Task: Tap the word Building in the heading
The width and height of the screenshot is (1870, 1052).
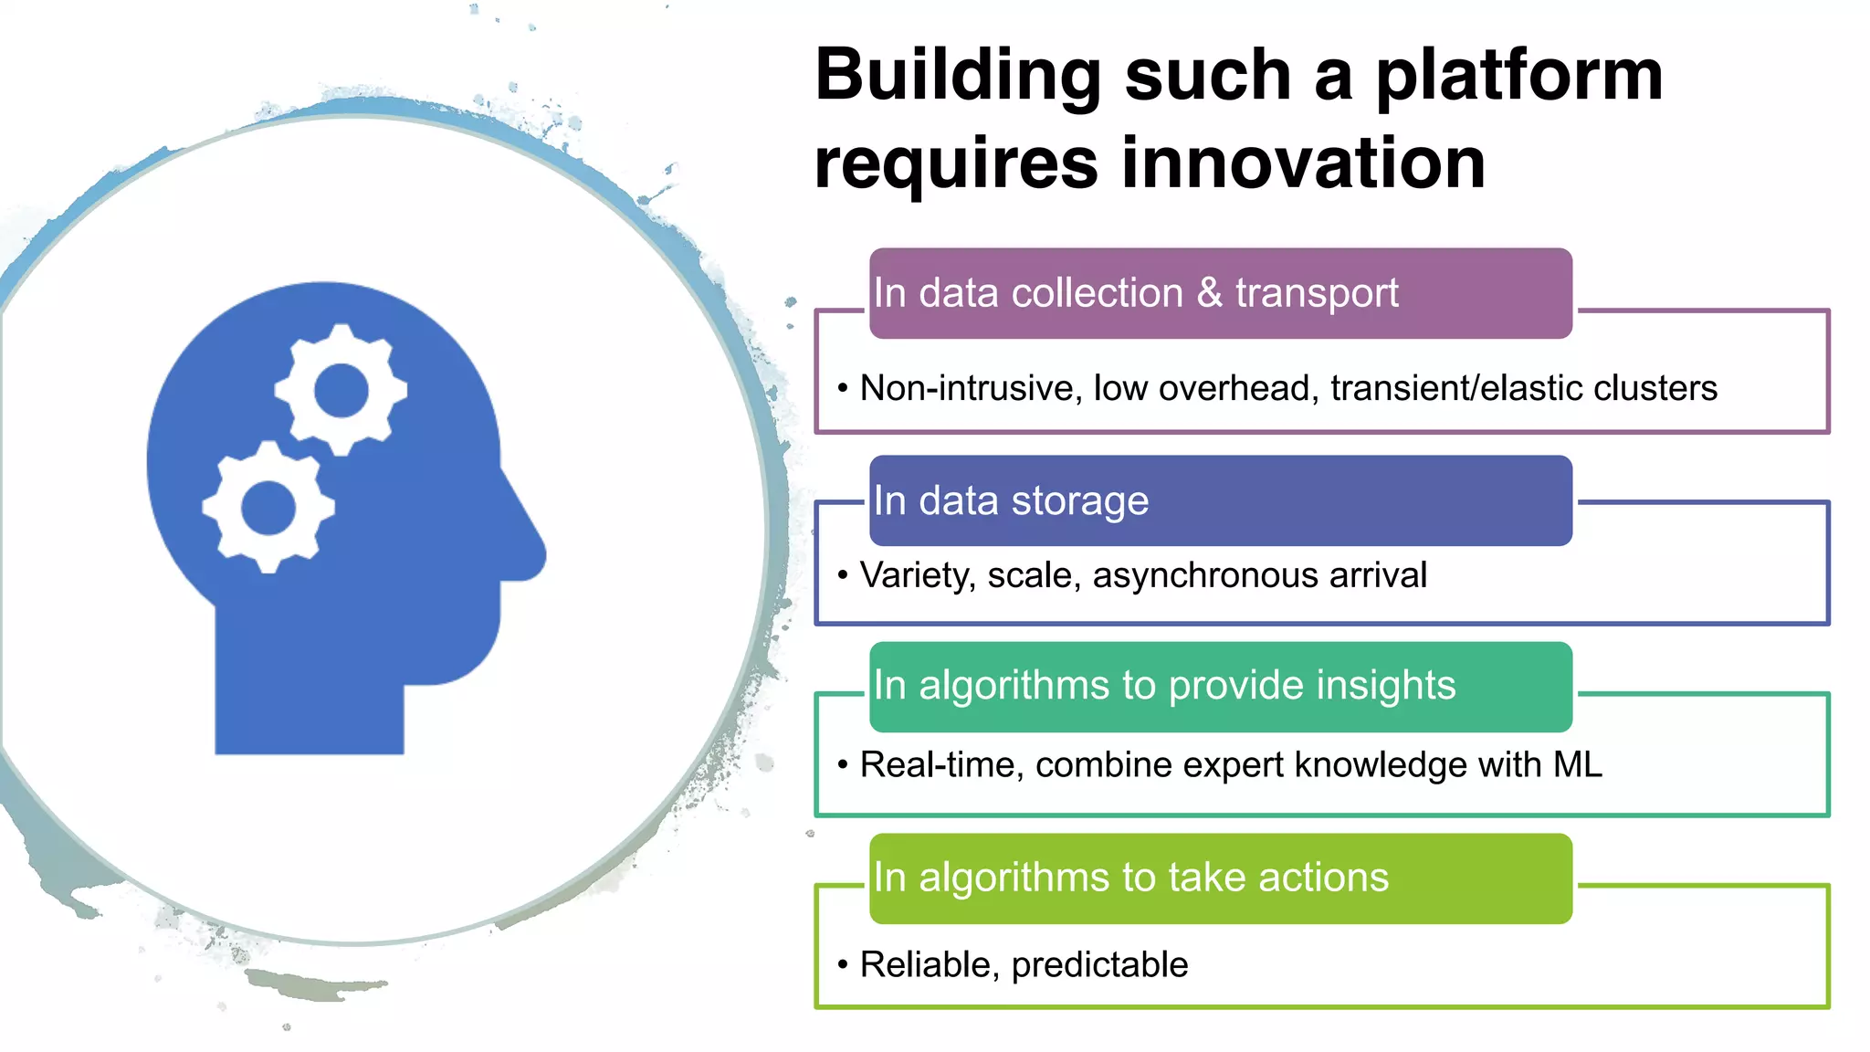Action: coord(959,77)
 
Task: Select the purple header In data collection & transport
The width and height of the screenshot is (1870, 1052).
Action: coord(1220,293)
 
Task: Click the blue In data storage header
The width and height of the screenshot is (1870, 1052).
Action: coord(1220,501)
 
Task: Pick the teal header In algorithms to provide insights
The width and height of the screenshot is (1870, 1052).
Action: coord(1220,687)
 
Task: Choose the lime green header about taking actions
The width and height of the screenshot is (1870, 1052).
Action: coord(1220,878)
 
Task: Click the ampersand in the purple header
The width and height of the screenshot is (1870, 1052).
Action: coord(1209,293)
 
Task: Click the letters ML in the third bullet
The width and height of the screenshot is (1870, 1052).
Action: coord(1577,765)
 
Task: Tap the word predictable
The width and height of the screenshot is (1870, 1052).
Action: coord(1099,965)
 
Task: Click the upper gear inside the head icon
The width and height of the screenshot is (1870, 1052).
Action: coord(341,390)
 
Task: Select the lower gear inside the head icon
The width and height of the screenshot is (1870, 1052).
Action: coord(268,508)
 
